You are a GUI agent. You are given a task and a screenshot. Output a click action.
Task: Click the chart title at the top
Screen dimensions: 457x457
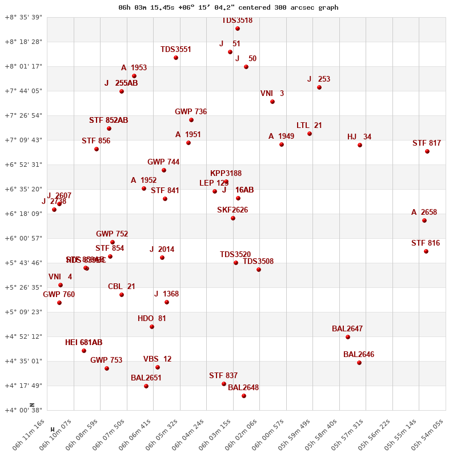(x=228, y=7)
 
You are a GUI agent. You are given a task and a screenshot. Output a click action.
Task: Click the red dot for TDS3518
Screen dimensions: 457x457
(x=238, y=29)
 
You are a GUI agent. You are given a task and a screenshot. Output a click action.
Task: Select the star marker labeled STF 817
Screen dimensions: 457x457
(x=427, y=151)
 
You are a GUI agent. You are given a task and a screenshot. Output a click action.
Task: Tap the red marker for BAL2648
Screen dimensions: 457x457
(x=244, y=396)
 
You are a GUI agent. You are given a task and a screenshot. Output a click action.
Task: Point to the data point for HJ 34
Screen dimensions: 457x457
(x=360, y=145)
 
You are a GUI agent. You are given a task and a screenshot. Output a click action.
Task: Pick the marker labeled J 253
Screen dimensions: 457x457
(x=319, y=87)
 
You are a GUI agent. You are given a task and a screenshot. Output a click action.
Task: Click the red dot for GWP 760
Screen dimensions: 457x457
(x=59, y=303)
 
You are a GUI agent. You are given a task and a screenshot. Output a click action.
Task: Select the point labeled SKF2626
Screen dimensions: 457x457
(x=233, y=218)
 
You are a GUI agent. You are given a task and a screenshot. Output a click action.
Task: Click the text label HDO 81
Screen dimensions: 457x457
(x=152, y=319)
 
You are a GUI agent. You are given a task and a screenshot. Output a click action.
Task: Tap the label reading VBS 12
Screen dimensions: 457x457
(x=157, y=359)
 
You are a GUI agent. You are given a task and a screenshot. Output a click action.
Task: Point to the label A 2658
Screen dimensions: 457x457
(x=424, y=213)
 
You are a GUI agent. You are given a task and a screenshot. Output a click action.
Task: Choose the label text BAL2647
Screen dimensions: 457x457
(x=347, y=329)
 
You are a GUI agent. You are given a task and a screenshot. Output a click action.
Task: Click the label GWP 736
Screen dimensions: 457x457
(x=191, y=112)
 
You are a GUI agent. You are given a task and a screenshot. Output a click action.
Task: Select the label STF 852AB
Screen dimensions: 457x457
(x=109, y=121)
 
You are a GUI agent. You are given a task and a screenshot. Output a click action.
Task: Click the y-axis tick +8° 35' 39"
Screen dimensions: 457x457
(x=23, y=18)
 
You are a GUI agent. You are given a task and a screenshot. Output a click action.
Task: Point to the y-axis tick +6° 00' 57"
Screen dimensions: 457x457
(x=23, y=238)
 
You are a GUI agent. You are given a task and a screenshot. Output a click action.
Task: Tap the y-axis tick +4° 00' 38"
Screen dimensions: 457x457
(x=23, y=410)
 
